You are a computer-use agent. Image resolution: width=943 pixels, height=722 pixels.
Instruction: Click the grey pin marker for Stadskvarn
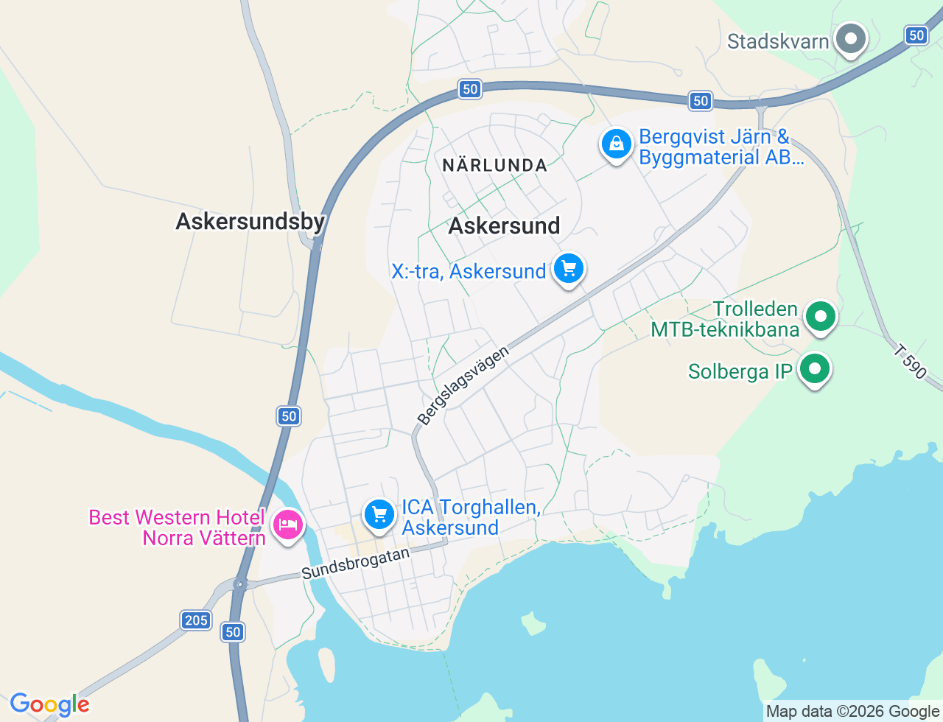[852, 38]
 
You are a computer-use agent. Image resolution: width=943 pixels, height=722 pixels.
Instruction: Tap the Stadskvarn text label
[778, 41]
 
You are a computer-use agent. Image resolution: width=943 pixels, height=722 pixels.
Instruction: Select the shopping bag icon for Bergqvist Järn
[616, 144]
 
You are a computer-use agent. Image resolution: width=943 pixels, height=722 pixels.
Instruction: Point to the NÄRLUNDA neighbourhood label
[495, 166]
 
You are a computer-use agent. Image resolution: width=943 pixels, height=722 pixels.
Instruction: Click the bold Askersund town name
[504, 225]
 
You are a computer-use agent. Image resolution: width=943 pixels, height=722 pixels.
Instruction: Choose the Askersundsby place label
[250, 221]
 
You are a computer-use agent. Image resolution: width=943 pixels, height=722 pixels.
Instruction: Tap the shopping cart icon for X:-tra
[568, 269]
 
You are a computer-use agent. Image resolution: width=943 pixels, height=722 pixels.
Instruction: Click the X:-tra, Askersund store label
[469, 271]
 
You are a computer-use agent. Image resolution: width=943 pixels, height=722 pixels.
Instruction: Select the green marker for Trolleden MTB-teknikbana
[820, 317]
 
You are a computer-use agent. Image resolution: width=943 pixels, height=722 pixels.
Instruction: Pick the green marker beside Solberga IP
[815, 368]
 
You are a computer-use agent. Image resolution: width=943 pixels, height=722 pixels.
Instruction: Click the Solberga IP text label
[740, 371]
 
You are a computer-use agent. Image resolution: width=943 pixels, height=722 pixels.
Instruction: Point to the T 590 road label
[911, 362]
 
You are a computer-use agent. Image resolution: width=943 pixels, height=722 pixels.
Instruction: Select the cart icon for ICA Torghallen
[379, 514]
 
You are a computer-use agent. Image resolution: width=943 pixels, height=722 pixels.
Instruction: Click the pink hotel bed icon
[287, 525]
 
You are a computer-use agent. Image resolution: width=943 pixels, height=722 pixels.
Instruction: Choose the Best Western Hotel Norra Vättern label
[177, 528]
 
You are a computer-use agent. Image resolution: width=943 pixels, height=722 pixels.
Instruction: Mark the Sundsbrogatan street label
[355, 564]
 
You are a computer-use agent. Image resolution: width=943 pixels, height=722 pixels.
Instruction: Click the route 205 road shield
[196, 620]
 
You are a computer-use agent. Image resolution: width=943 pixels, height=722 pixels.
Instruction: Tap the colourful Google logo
[49, 704]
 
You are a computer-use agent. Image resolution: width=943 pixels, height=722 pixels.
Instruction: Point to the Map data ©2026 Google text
[852, 711]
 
